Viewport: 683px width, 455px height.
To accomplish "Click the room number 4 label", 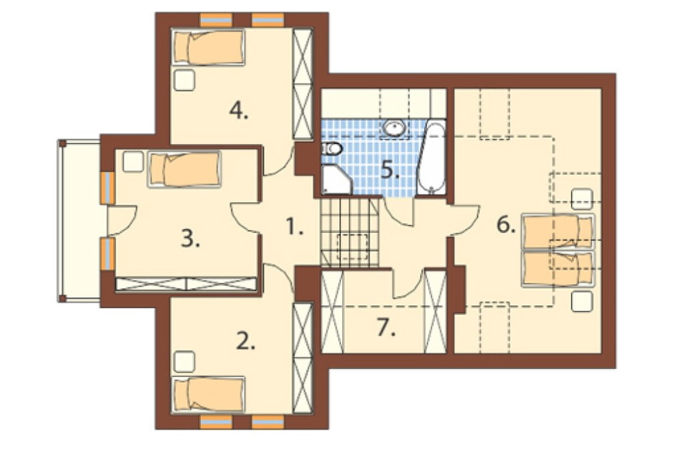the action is point(238,112).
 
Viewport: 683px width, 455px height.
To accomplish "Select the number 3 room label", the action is point(191,239).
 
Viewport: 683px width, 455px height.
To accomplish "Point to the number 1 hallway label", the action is point(294,227).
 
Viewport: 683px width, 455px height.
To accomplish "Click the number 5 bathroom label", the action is point(390,169).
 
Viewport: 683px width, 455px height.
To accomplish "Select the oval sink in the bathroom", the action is point(395,128).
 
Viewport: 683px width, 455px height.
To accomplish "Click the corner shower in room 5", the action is point(336,180).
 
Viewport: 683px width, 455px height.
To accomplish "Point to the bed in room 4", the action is point(208,47).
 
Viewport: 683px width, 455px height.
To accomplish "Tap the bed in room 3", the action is point(184,169).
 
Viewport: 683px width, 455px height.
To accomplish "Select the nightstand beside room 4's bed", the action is point(184,80).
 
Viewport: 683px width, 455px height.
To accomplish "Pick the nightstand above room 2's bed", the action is point(184,361).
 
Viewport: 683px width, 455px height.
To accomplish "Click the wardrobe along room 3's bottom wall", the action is point(186,284).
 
